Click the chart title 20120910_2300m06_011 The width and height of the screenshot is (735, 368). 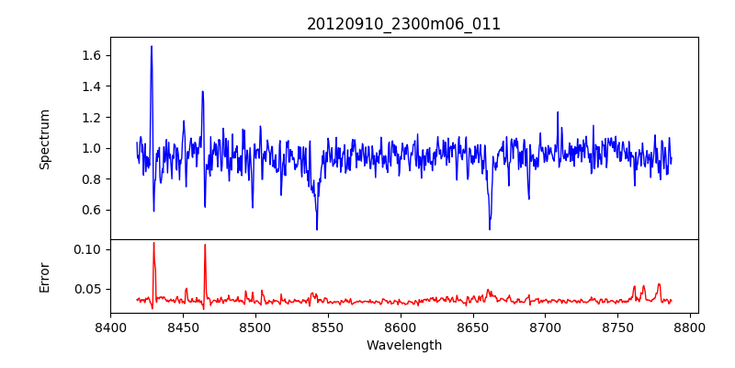tap(403, 24)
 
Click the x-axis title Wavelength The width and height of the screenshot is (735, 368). tap(403, 345)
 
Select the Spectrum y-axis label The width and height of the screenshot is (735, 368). tap(44, 139)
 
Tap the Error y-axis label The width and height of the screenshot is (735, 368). tap(44, 277)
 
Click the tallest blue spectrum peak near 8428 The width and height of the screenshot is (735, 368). tap(152, 47)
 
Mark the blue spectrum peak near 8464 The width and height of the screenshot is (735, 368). tap(202, 92)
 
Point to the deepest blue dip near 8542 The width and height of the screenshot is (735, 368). tap(317, 228)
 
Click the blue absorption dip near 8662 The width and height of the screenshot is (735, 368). tap(490, 228)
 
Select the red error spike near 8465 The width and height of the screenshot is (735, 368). tap(205, 246)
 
